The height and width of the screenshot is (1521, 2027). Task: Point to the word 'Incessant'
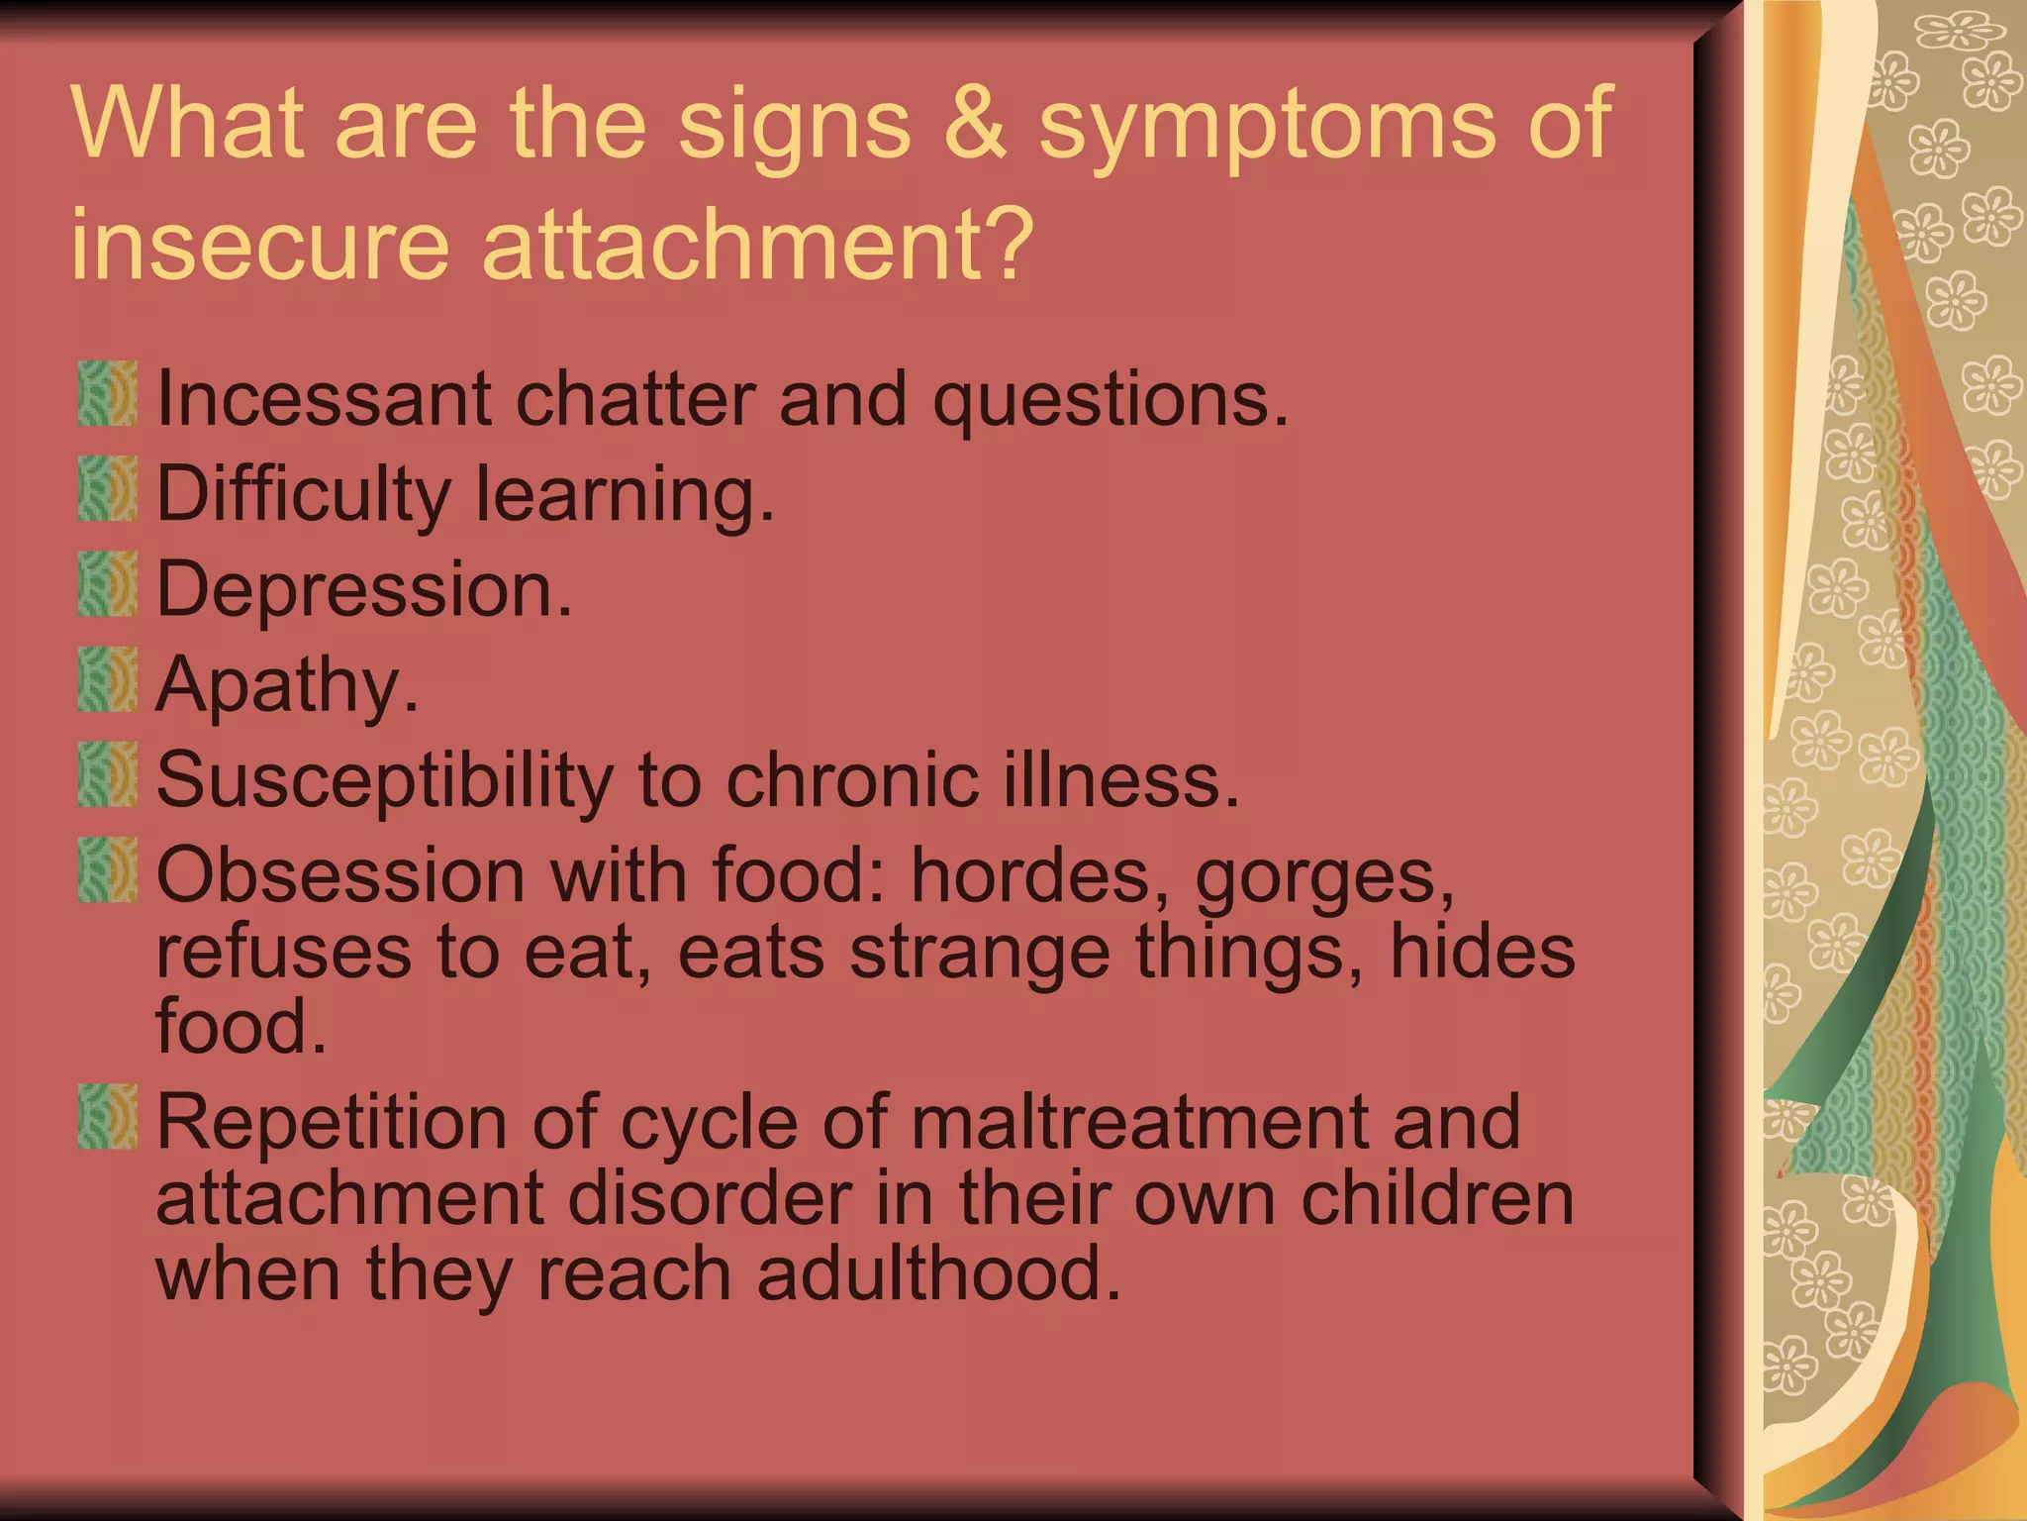(324, 398)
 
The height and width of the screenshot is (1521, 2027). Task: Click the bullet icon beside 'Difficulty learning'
(107, 489)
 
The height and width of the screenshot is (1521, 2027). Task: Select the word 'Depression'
(364, 589)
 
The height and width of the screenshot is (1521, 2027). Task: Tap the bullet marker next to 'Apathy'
(107, 680)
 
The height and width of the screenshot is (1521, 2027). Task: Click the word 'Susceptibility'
(384, 781)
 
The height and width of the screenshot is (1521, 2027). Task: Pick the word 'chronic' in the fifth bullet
(853, 779)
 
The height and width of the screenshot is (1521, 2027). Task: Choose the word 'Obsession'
(340, 875)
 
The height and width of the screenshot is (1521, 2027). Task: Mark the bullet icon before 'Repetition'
(107, 1116)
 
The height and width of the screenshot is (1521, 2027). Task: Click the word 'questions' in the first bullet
(1110, 400)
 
